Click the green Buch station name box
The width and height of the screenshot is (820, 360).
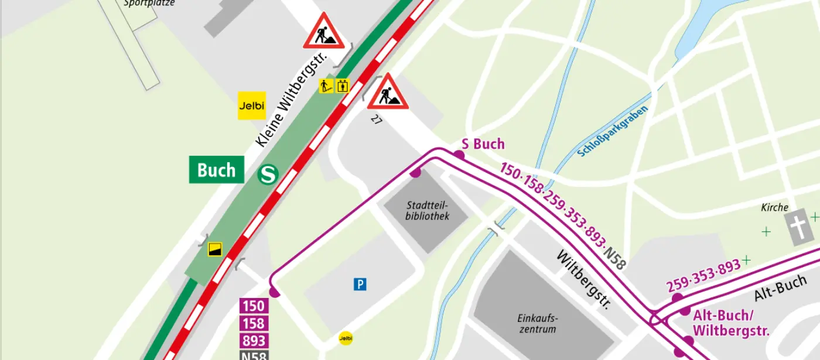coord(216,170)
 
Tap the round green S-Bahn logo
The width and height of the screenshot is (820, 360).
coord(268,174)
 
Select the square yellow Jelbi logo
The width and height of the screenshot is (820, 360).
coord(252,106)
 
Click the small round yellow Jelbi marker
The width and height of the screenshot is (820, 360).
coord(346,338)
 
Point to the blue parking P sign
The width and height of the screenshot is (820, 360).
coord(360,284)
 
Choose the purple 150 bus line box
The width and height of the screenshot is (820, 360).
coord(254,306)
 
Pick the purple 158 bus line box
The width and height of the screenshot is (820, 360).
coord(254,323)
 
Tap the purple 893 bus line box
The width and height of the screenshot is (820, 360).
coord(254,341)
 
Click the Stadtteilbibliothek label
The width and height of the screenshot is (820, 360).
coord(427,211)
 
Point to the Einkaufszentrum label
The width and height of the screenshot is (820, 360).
coord(537,324)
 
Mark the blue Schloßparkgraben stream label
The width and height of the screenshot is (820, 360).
coord(613,132)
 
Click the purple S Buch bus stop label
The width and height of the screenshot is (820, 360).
coord(483,144)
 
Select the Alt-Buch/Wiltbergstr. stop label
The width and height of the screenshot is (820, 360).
coord(730,323)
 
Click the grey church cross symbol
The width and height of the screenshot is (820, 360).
coord(800,228)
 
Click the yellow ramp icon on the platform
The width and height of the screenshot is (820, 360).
coord(215,249)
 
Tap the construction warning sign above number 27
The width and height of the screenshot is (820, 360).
coord(388,92)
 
